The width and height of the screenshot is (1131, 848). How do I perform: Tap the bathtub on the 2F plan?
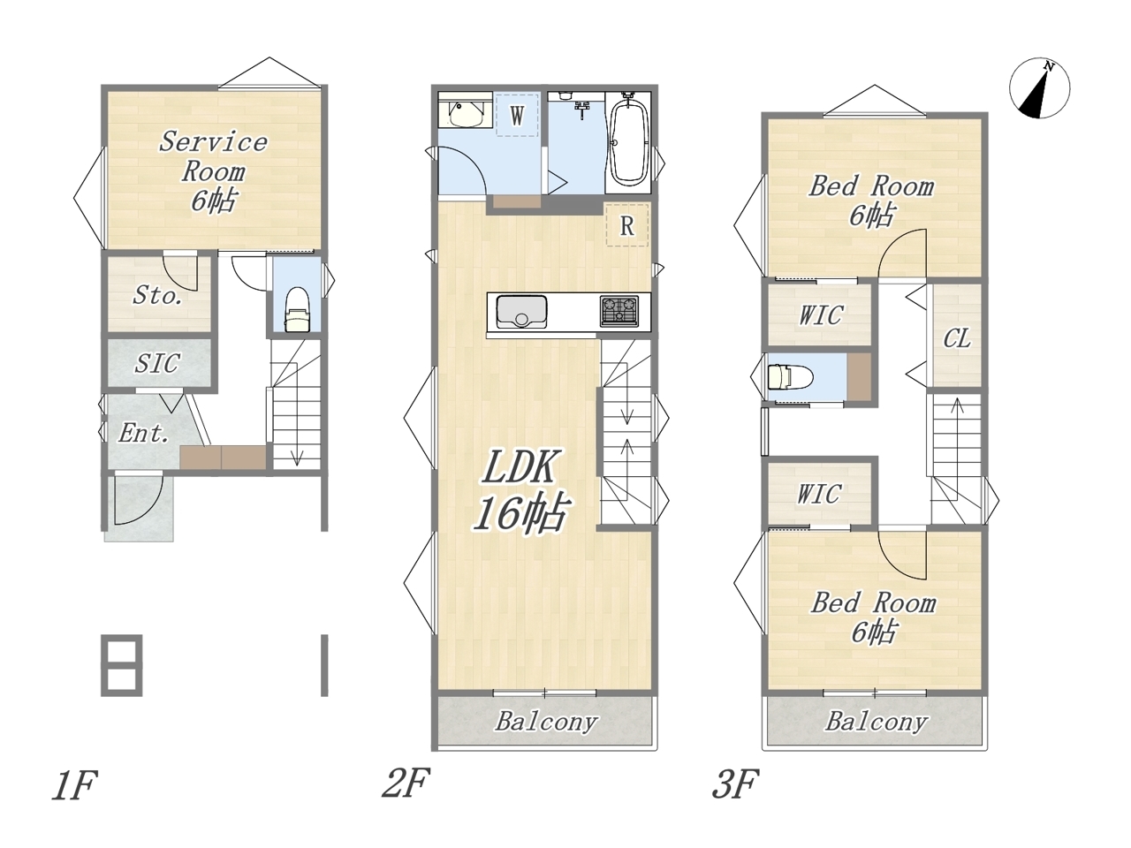(x=628, y=141)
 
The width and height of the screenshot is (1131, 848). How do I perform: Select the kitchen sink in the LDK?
(x=521, y=312)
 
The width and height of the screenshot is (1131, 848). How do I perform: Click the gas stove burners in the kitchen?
(x=619, y=310)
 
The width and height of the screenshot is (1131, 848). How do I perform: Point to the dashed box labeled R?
(x=627, y=225)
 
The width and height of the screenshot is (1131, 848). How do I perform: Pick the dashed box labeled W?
(x=517, y=115)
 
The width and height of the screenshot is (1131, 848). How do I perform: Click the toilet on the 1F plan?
(x=297, y=309)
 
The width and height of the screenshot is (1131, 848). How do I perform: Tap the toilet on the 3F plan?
(x=790, y=377)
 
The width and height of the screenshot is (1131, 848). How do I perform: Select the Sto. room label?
(x=157, y=295)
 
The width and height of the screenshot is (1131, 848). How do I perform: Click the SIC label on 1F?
(x=157, y=363)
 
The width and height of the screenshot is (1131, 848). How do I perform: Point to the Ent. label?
(x=144, y=433)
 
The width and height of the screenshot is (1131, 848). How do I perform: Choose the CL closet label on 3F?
(x=957, y=338)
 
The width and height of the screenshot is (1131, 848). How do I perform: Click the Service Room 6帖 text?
(x=213, y=171)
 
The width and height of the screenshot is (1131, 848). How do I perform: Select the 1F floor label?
(x=75, y=785)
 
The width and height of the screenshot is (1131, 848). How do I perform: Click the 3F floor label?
(x=735, y=784)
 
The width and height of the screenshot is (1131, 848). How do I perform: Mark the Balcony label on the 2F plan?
(x=546, y=722)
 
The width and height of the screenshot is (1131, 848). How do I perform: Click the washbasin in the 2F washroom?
(x=466, y=113)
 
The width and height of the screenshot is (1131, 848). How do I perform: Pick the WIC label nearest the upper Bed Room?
(x=821, y=314)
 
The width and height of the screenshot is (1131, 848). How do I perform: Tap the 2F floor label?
(x=406, y=783)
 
